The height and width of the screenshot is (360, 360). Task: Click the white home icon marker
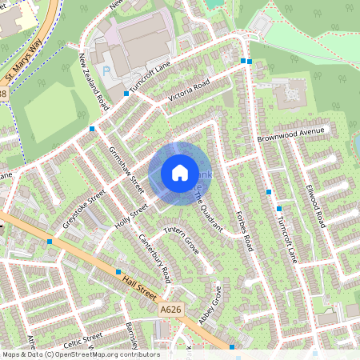click(x=180, y=173)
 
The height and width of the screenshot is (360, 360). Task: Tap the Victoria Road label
click(x=189, y=90)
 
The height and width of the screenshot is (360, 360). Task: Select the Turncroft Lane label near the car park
click(x=154, y=78)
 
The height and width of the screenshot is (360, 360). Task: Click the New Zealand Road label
click(x=93, y=82)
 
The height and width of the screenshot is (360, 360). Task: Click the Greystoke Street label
click(x=88, y=197)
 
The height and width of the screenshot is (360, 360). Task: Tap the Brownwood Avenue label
click(x=293, y=137)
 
